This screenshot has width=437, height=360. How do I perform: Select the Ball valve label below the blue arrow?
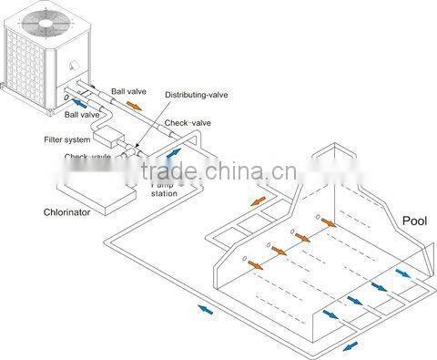pos(82,116)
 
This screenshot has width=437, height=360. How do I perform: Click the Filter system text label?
pos(66,139)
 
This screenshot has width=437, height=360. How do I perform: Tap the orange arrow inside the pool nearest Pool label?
pos(326,223)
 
